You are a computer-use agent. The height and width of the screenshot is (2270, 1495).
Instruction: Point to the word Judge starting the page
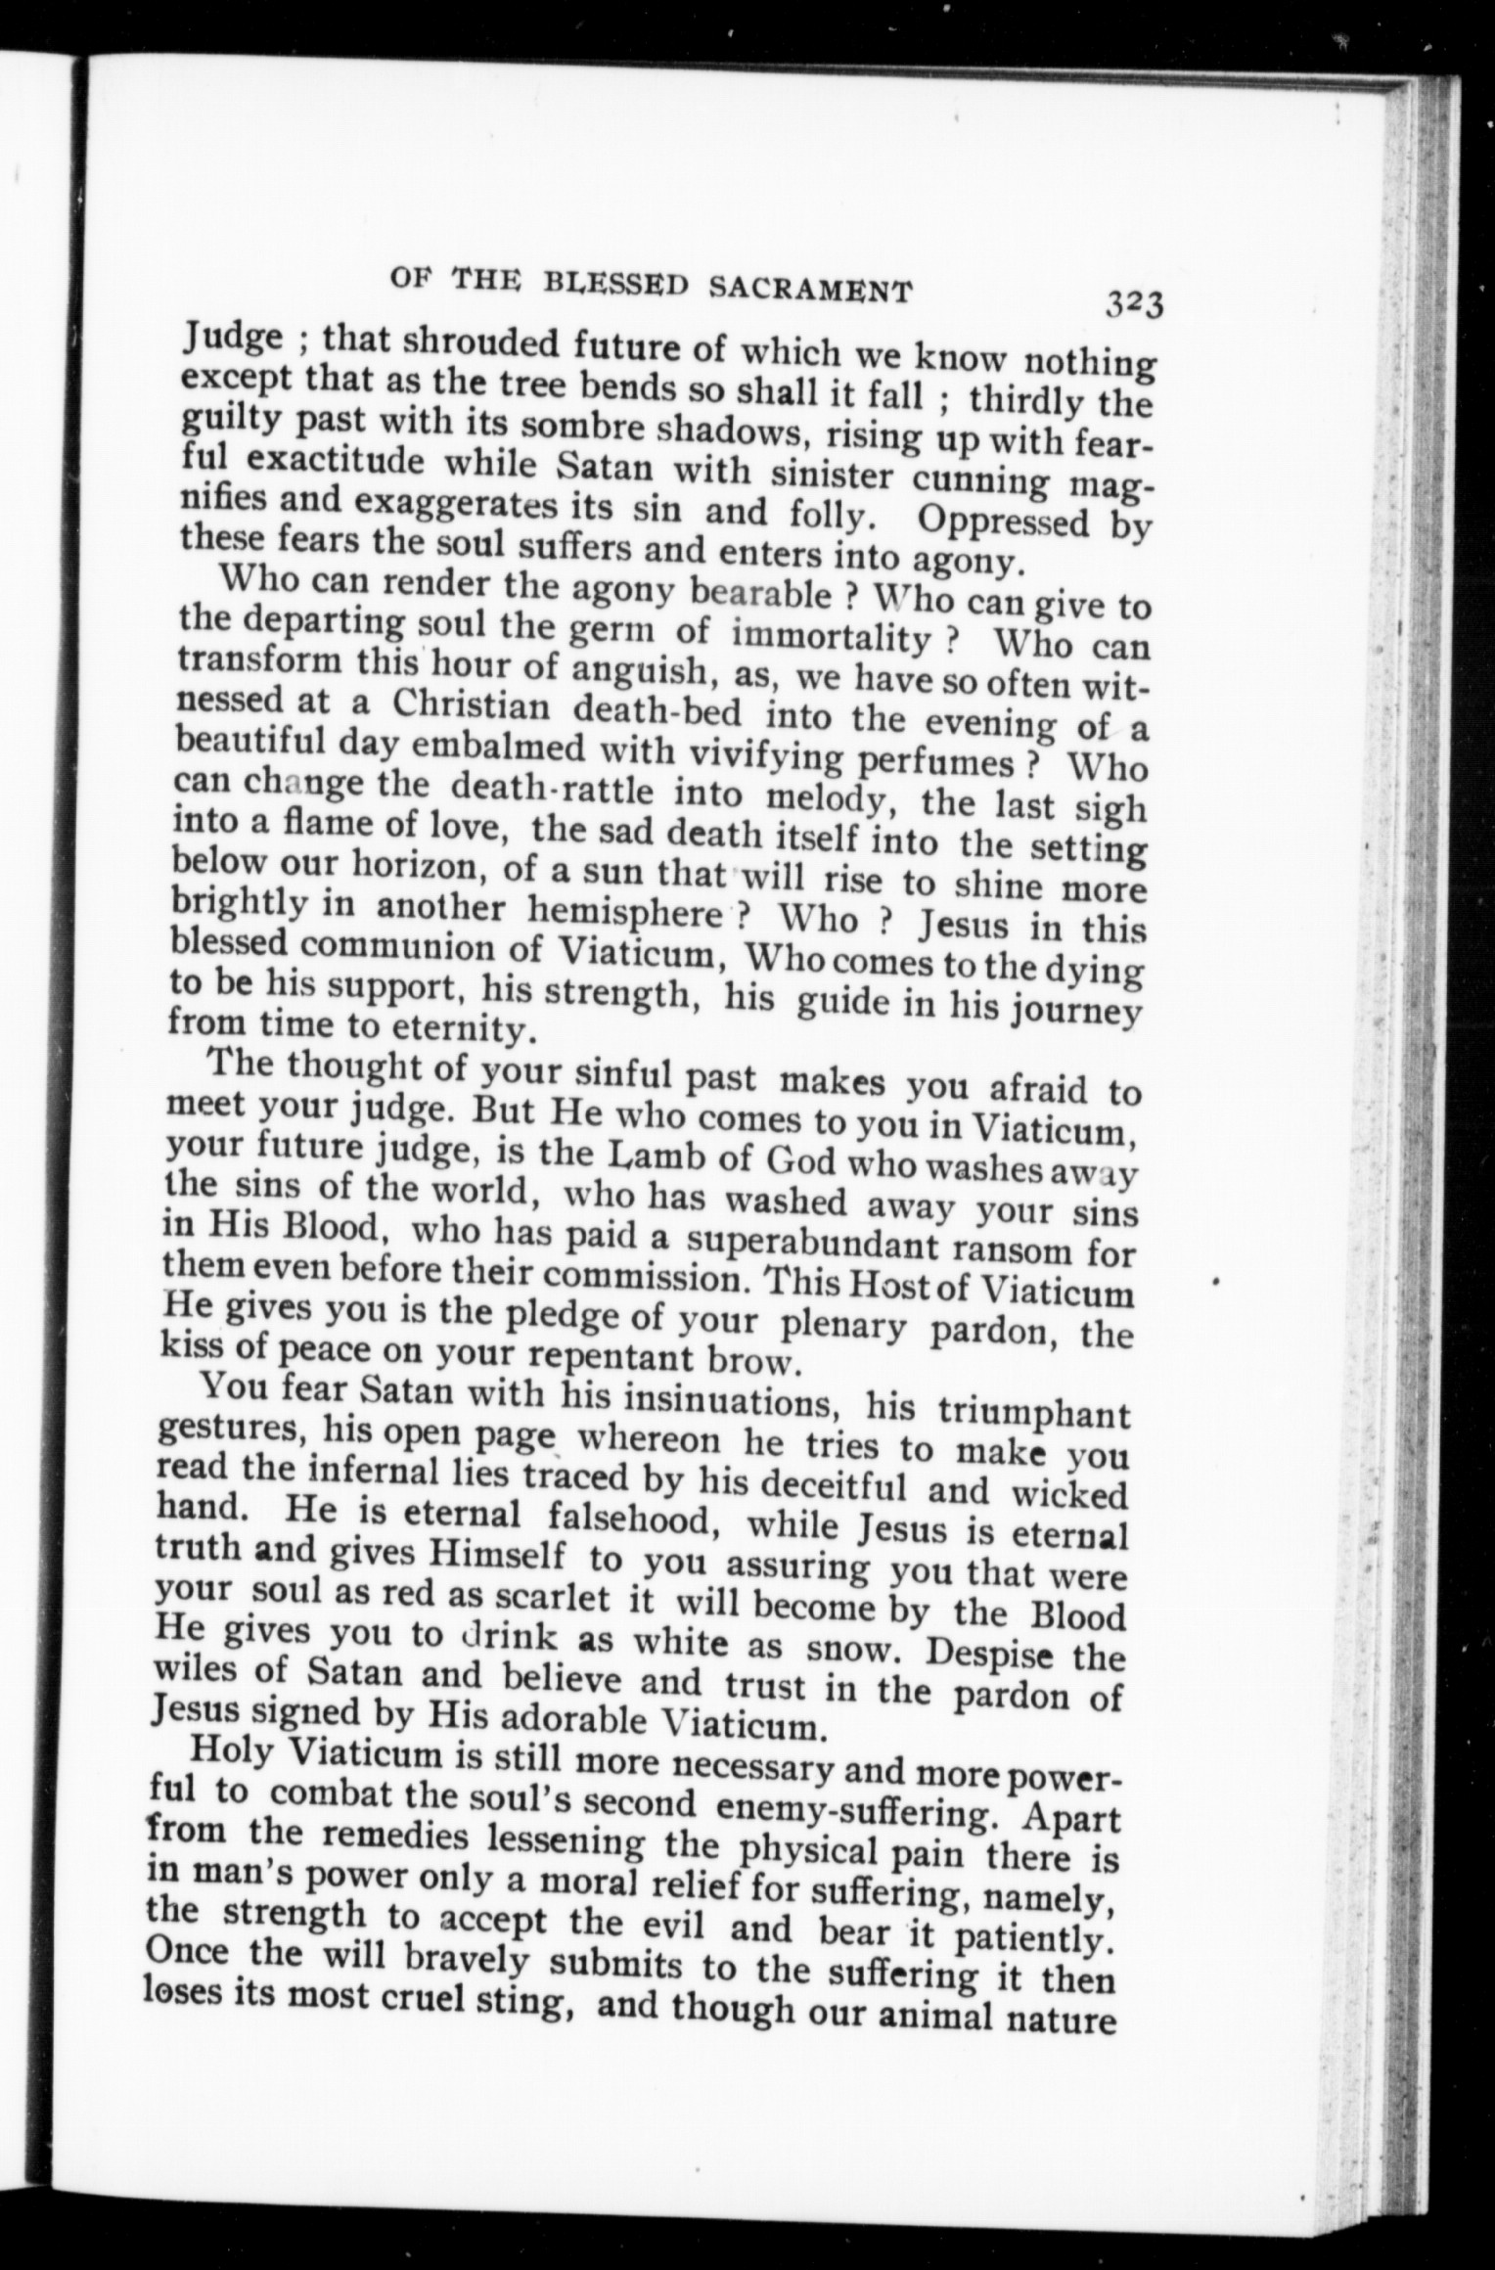click(x=234, y=340)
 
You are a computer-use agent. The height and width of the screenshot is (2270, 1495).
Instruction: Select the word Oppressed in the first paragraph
click(x=1003, y=521)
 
